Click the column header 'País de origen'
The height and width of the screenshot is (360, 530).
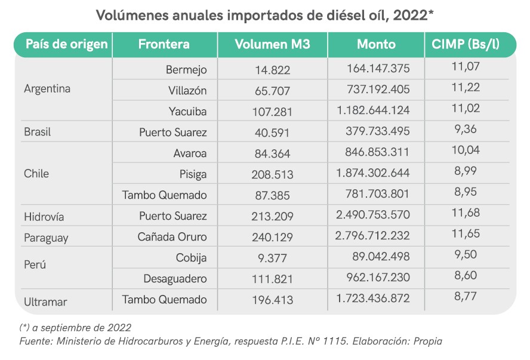[66, 44]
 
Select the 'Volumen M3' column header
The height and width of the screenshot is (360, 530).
[272, 44]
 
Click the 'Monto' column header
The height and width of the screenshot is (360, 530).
[376, 44]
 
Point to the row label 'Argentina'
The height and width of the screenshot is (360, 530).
[47, 89]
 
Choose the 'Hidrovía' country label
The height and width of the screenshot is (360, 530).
[44, 216]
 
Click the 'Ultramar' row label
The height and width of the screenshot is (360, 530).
[45, 301]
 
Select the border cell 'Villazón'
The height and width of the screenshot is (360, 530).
[187, 91]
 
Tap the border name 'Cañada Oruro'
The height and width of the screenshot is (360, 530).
[172, 237]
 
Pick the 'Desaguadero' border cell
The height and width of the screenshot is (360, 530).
[175, 279]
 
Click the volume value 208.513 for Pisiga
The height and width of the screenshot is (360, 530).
[272, 174]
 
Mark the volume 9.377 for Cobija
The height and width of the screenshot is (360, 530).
[272, 258]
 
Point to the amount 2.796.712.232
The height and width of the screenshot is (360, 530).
[373, 237]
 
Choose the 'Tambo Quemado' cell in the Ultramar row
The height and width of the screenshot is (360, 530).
[164, 300]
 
